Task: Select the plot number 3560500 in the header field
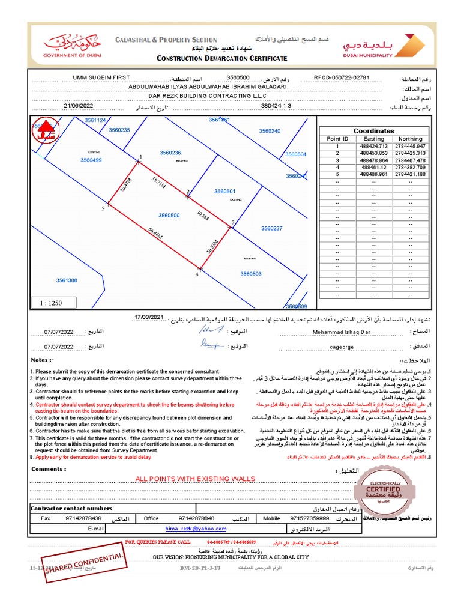pyautogui.click(x=221, y=78)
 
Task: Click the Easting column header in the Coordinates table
pyautogui.click(x=374, y=139)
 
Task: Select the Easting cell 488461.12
pyautogui.click(x=374, y=168)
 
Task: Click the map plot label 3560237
pyautogui.click(x=271, y=228)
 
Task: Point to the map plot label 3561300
pyautogui.click(x=67, y=280)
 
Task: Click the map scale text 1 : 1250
pyautogui.click(x=51, y=303)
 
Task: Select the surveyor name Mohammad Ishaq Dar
pyautogui.click(x=342, y=331)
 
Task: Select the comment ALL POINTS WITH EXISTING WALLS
pyautogui.click(x=195, y=479)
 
